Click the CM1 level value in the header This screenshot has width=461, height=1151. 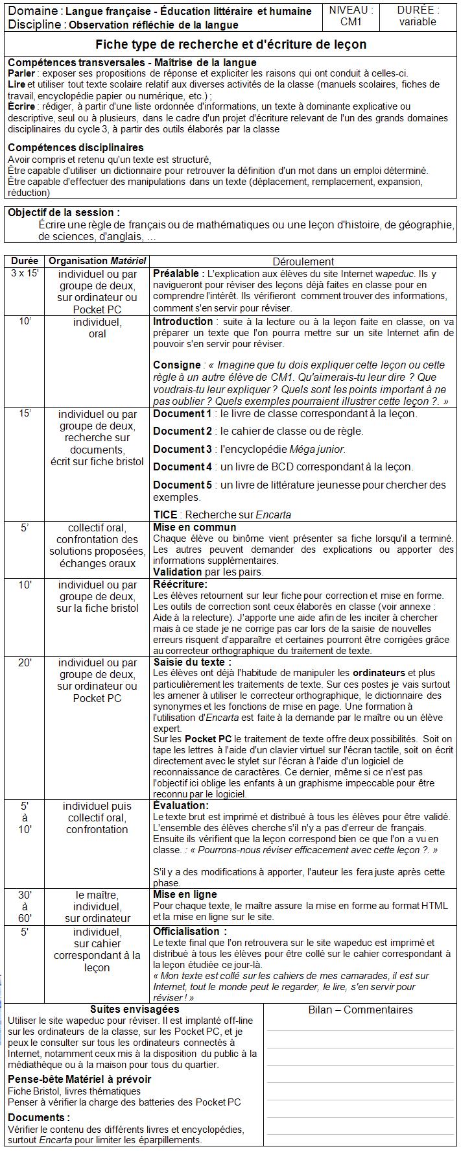(x=351, y=21)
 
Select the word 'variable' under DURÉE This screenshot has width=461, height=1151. (x=418, y=21)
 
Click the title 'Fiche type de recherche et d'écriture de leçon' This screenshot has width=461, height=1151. (x=231, y=44)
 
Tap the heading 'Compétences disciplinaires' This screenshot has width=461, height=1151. (x=75, y=148)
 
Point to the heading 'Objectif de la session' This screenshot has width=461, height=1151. (x=64, y=212)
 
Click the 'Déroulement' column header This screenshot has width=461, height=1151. (x=303, y=261)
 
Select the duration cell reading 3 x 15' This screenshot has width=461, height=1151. (x=25, y=273)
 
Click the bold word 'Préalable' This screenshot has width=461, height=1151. (x=179, y=274)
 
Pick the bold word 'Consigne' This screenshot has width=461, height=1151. (x=176, y=365)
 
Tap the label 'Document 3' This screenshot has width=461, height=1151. (x=182, y=449)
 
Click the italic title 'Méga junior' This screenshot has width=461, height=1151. (x=317, y=449)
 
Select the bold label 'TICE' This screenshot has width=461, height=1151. (x=165, y=515)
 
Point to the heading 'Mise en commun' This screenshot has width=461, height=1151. (x=195, y=527)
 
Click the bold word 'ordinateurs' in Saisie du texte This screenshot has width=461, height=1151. (x=379, y=673)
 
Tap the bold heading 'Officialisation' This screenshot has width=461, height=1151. (x=186, y=931)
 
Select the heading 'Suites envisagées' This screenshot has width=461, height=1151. (x=134, y=1009)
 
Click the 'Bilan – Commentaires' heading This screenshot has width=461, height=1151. (x=361, y=1010)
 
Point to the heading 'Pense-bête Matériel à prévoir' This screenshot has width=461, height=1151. (x=79, y=1079)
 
